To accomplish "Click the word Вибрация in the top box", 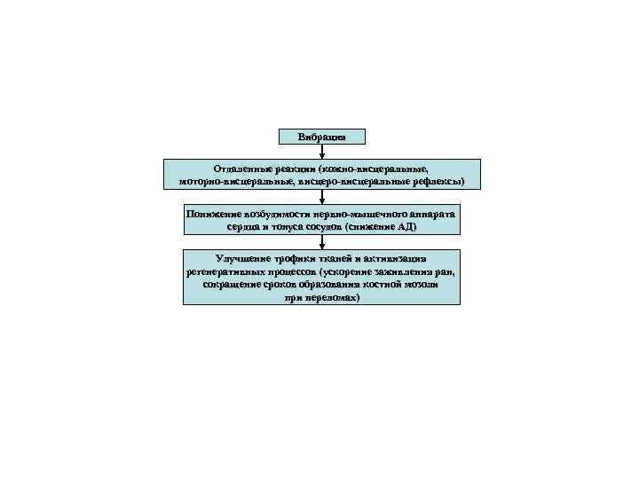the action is coord(321,137).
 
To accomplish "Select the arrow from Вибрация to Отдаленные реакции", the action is coord(321,152).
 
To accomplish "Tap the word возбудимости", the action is coord(272,214).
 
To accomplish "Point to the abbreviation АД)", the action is coord(405,227).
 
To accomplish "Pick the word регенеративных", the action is coord(225,271).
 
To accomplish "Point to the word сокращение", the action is coord(230,286).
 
